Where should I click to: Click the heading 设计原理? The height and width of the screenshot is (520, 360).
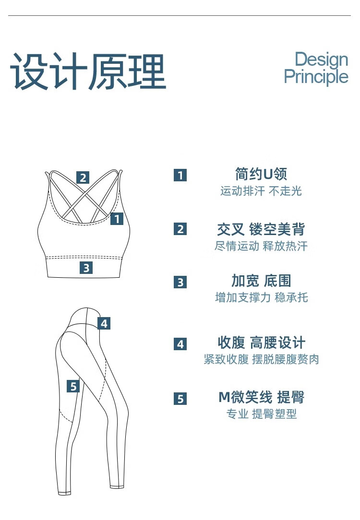88,71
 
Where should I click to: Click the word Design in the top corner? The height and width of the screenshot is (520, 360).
321,60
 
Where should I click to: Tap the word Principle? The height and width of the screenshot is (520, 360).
316,77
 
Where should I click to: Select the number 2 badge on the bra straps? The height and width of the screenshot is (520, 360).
83,177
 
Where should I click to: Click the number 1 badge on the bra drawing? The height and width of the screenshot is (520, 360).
117,219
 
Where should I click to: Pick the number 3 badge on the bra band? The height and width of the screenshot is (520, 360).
86,267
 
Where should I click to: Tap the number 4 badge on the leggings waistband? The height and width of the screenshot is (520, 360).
104,323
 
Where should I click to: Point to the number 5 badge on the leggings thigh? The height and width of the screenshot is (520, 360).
73,386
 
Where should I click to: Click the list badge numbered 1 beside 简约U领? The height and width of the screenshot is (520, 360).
180,175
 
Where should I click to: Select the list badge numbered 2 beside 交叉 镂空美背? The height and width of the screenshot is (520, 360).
180,229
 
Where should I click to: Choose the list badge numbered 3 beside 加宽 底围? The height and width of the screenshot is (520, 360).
180,282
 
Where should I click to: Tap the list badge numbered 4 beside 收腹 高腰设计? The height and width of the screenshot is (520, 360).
180,344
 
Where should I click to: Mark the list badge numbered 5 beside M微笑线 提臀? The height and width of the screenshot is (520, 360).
180,399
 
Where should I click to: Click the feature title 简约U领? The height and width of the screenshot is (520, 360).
261,174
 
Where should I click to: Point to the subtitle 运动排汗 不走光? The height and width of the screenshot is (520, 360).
261,191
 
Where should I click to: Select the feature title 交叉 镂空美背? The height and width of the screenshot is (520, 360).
261,229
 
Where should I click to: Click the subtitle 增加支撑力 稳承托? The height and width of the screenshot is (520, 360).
262,297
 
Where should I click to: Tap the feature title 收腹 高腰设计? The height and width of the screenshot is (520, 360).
262,343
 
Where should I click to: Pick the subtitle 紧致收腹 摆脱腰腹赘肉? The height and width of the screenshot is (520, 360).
262,359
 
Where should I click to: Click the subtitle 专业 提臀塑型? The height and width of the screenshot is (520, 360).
262,414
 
